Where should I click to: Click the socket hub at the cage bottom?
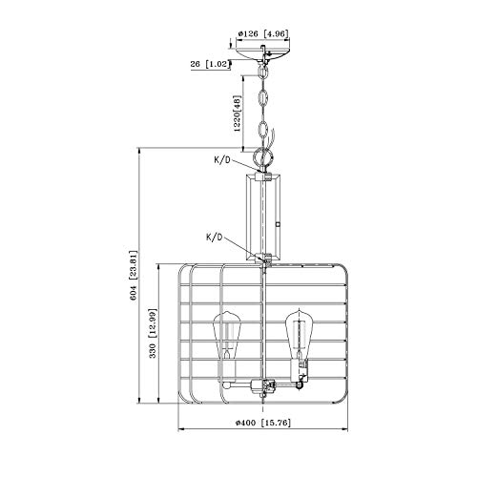(x=264, y=386)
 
